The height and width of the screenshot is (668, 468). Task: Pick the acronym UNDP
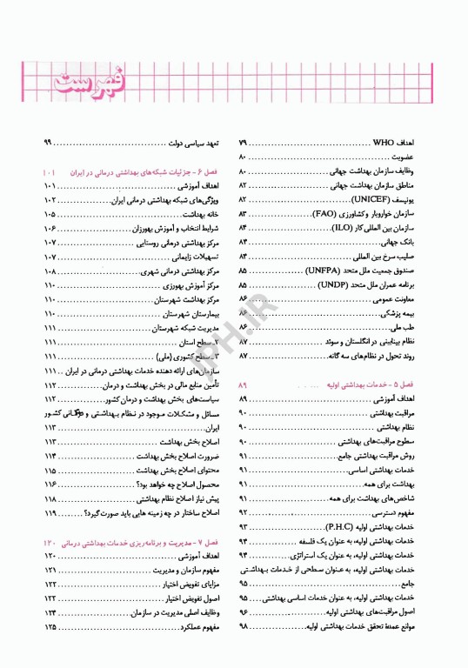pyautogui.click(x=332, y=284)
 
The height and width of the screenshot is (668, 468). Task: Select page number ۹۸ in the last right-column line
pyautogui.click(x=243, y=627)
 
